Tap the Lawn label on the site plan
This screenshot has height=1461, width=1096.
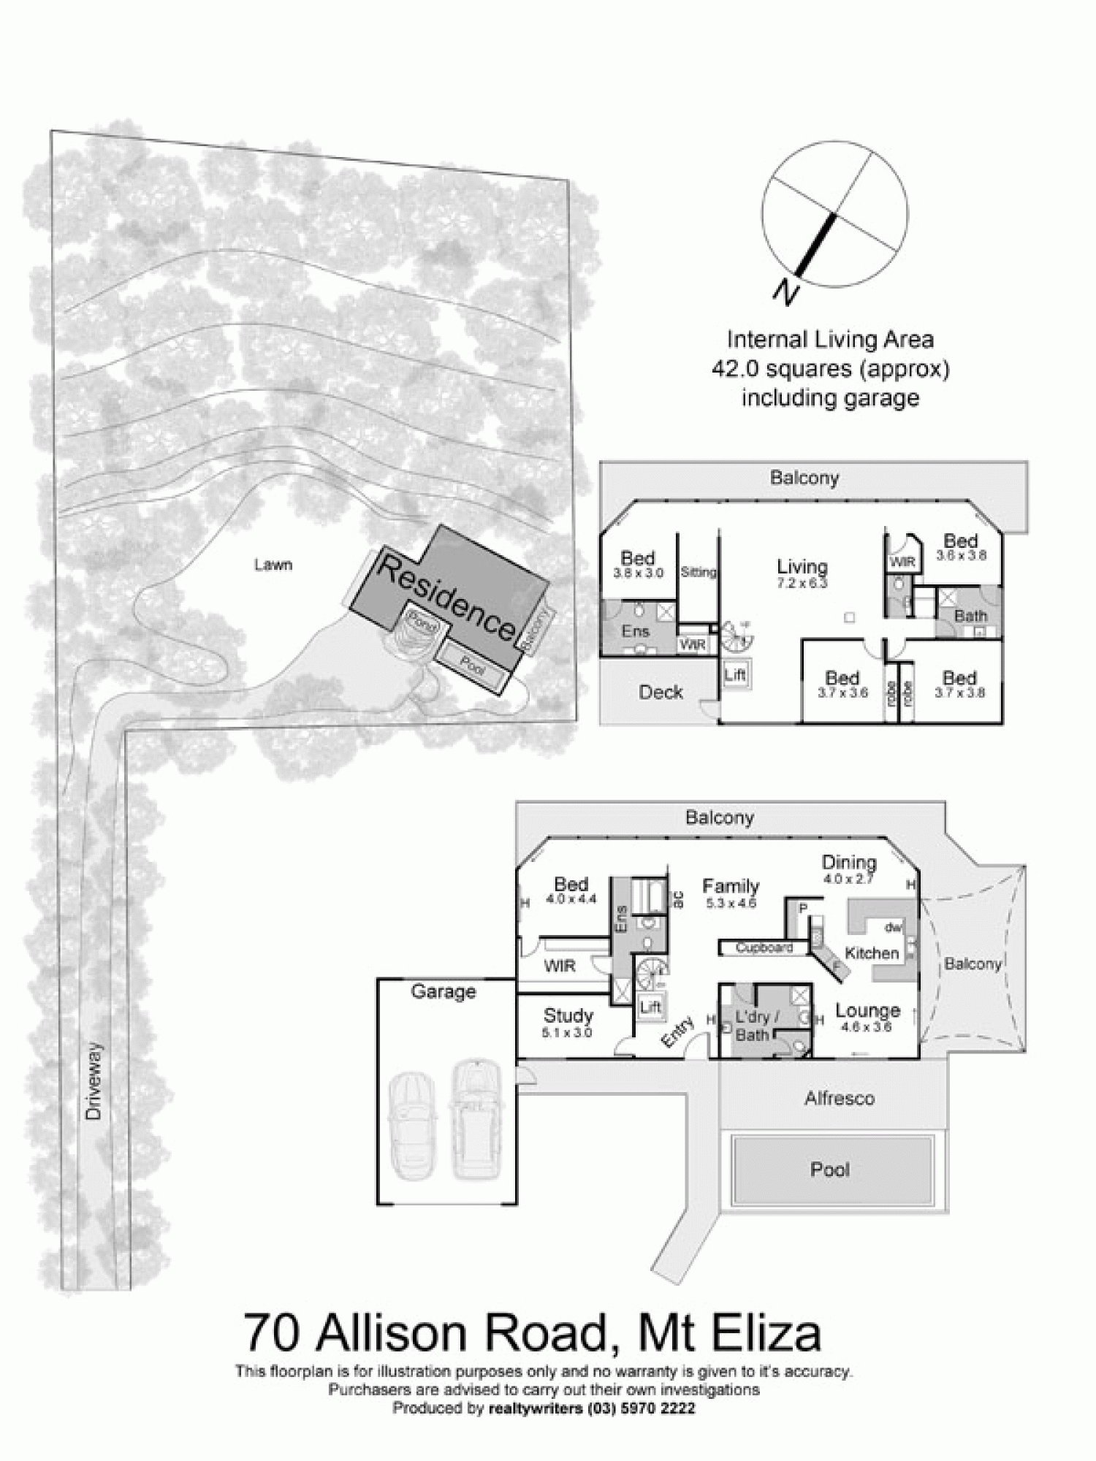coord(273,565)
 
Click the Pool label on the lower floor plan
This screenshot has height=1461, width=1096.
coord(830,1170)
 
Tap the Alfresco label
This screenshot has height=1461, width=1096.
coord(839,1099)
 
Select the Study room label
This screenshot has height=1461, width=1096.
coord(568,1016)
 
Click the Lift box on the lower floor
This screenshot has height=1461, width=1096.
coord(650,1007)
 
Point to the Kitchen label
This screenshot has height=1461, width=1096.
coord(871,953)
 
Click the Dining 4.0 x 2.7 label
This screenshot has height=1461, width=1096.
coord(848,869)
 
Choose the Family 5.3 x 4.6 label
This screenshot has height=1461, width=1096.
coord(731,893)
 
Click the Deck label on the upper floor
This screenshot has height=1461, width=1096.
coord(661,692)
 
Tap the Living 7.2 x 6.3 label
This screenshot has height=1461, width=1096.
coord(802,573)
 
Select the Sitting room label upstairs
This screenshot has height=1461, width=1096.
coord(699,573)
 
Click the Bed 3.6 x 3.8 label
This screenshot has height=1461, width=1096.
coord(960,547)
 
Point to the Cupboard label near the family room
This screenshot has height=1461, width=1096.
coord(764,947)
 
